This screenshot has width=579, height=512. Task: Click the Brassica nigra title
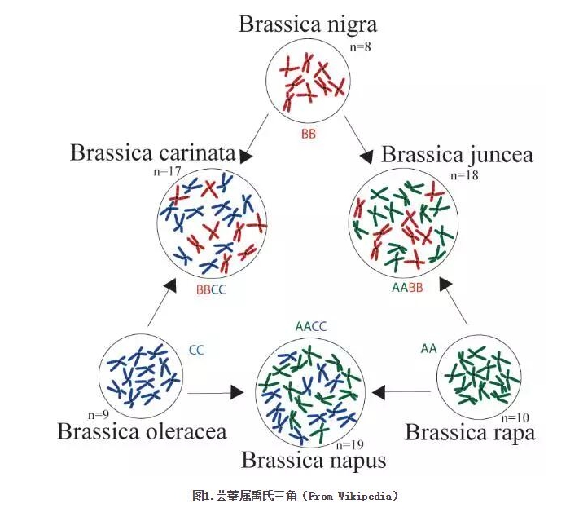(308, 24)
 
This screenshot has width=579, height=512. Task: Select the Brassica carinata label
(152, 152)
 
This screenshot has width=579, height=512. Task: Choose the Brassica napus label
(314, 460)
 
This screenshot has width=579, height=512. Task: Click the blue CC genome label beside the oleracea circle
(196, 350)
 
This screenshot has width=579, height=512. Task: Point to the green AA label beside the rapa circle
(429, 349)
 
